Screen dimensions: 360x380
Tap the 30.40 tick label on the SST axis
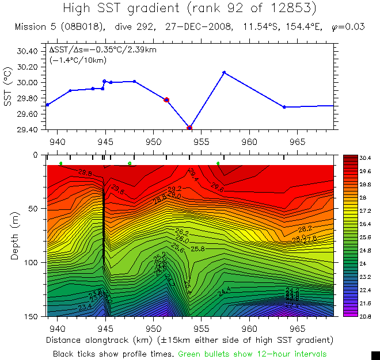[26, 51]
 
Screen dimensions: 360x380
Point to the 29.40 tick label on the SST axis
[26, 130]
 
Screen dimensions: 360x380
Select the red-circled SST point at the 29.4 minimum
[190, 127]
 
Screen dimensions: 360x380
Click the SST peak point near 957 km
[224, 72]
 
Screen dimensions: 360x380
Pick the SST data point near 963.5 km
[284, 107]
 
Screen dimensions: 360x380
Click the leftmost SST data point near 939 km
[47, 105]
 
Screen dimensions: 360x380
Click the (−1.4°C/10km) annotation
[75, 59]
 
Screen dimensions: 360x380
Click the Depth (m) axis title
[14, 236]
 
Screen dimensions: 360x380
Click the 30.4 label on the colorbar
[365, 158]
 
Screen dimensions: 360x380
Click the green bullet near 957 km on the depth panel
[218, 164]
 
